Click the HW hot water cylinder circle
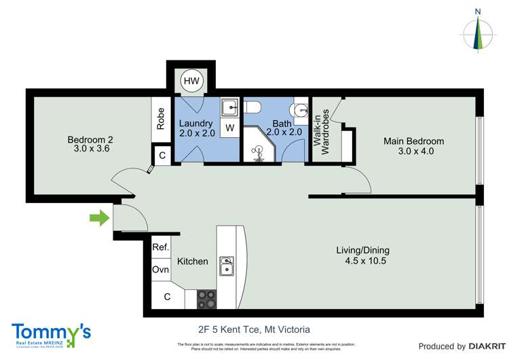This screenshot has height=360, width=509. click(x=191, y=82)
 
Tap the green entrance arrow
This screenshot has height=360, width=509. click(x=100, y=218)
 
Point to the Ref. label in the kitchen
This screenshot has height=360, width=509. click(x=160, y=248)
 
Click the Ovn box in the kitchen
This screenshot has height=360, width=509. click(x=160, y=270)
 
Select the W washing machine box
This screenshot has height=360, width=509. click(x=230, y=127)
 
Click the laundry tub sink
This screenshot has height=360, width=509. click(x=230, y=107)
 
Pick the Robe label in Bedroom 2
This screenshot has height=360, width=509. click(x=161, y=120)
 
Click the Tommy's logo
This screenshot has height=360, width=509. click(x=51, y=334)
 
